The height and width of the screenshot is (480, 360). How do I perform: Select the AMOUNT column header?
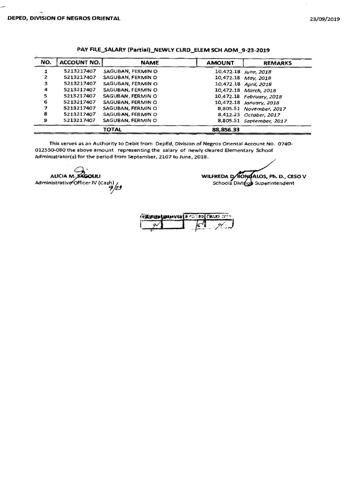(220, 62)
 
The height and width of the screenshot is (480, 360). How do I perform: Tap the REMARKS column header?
(277, 63)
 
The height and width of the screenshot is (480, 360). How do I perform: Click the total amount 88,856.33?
(225, 129)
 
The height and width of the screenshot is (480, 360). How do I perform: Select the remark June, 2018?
(258, 72)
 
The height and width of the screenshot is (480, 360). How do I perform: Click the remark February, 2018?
(263, 96)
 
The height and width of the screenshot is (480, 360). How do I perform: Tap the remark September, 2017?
(265, 121)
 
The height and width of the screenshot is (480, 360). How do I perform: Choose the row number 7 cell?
(45, 108)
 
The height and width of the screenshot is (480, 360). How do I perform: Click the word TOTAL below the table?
(112, 129)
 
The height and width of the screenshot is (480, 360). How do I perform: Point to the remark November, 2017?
(265, 109)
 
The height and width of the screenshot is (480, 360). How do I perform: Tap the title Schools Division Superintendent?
(253, 183)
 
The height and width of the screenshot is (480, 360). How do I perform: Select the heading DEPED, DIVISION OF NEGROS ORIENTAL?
(63, 18)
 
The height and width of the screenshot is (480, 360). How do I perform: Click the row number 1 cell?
(45, 72)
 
